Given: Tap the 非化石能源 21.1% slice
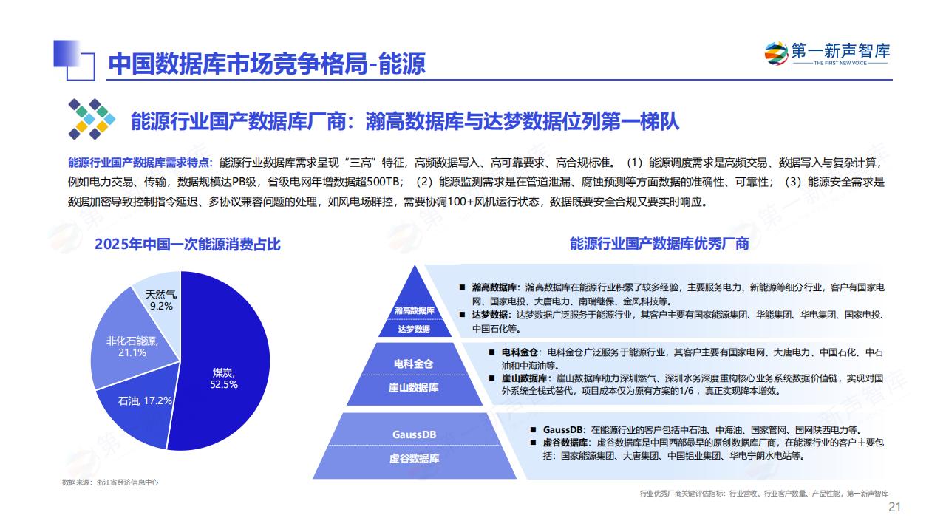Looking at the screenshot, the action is coord(126,342).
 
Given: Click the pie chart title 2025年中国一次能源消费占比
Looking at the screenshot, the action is coord(188,245).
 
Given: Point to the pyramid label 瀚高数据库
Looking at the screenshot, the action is coord(415,311).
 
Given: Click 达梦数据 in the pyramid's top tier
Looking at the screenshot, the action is coord(414,329).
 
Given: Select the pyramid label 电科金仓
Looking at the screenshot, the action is coord(413,364).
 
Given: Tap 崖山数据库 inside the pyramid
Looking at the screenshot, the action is coord(413,388).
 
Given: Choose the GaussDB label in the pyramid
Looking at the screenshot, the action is coord(414,434).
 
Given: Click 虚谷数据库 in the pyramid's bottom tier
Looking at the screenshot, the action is coord(414,459).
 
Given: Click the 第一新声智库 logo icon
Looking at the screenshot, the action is coord(776,54).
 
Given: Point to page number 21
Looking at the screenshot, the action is coord(894,507).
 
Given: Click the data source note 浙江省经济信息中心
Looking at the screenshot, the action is coord(128,482).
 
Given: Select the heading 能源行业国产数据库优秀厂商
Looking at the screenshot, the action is coord(659,244).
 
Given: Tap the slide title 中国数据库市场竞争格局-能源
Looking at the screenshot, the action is coord(267,64).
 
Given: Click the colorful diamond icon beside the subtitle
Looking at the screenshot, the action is coord(92,119).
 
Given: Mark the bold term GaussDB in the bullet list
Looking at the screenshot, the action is coord(562,430).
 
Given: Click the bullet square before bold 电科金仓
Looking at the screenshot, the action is coord(491,352).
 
